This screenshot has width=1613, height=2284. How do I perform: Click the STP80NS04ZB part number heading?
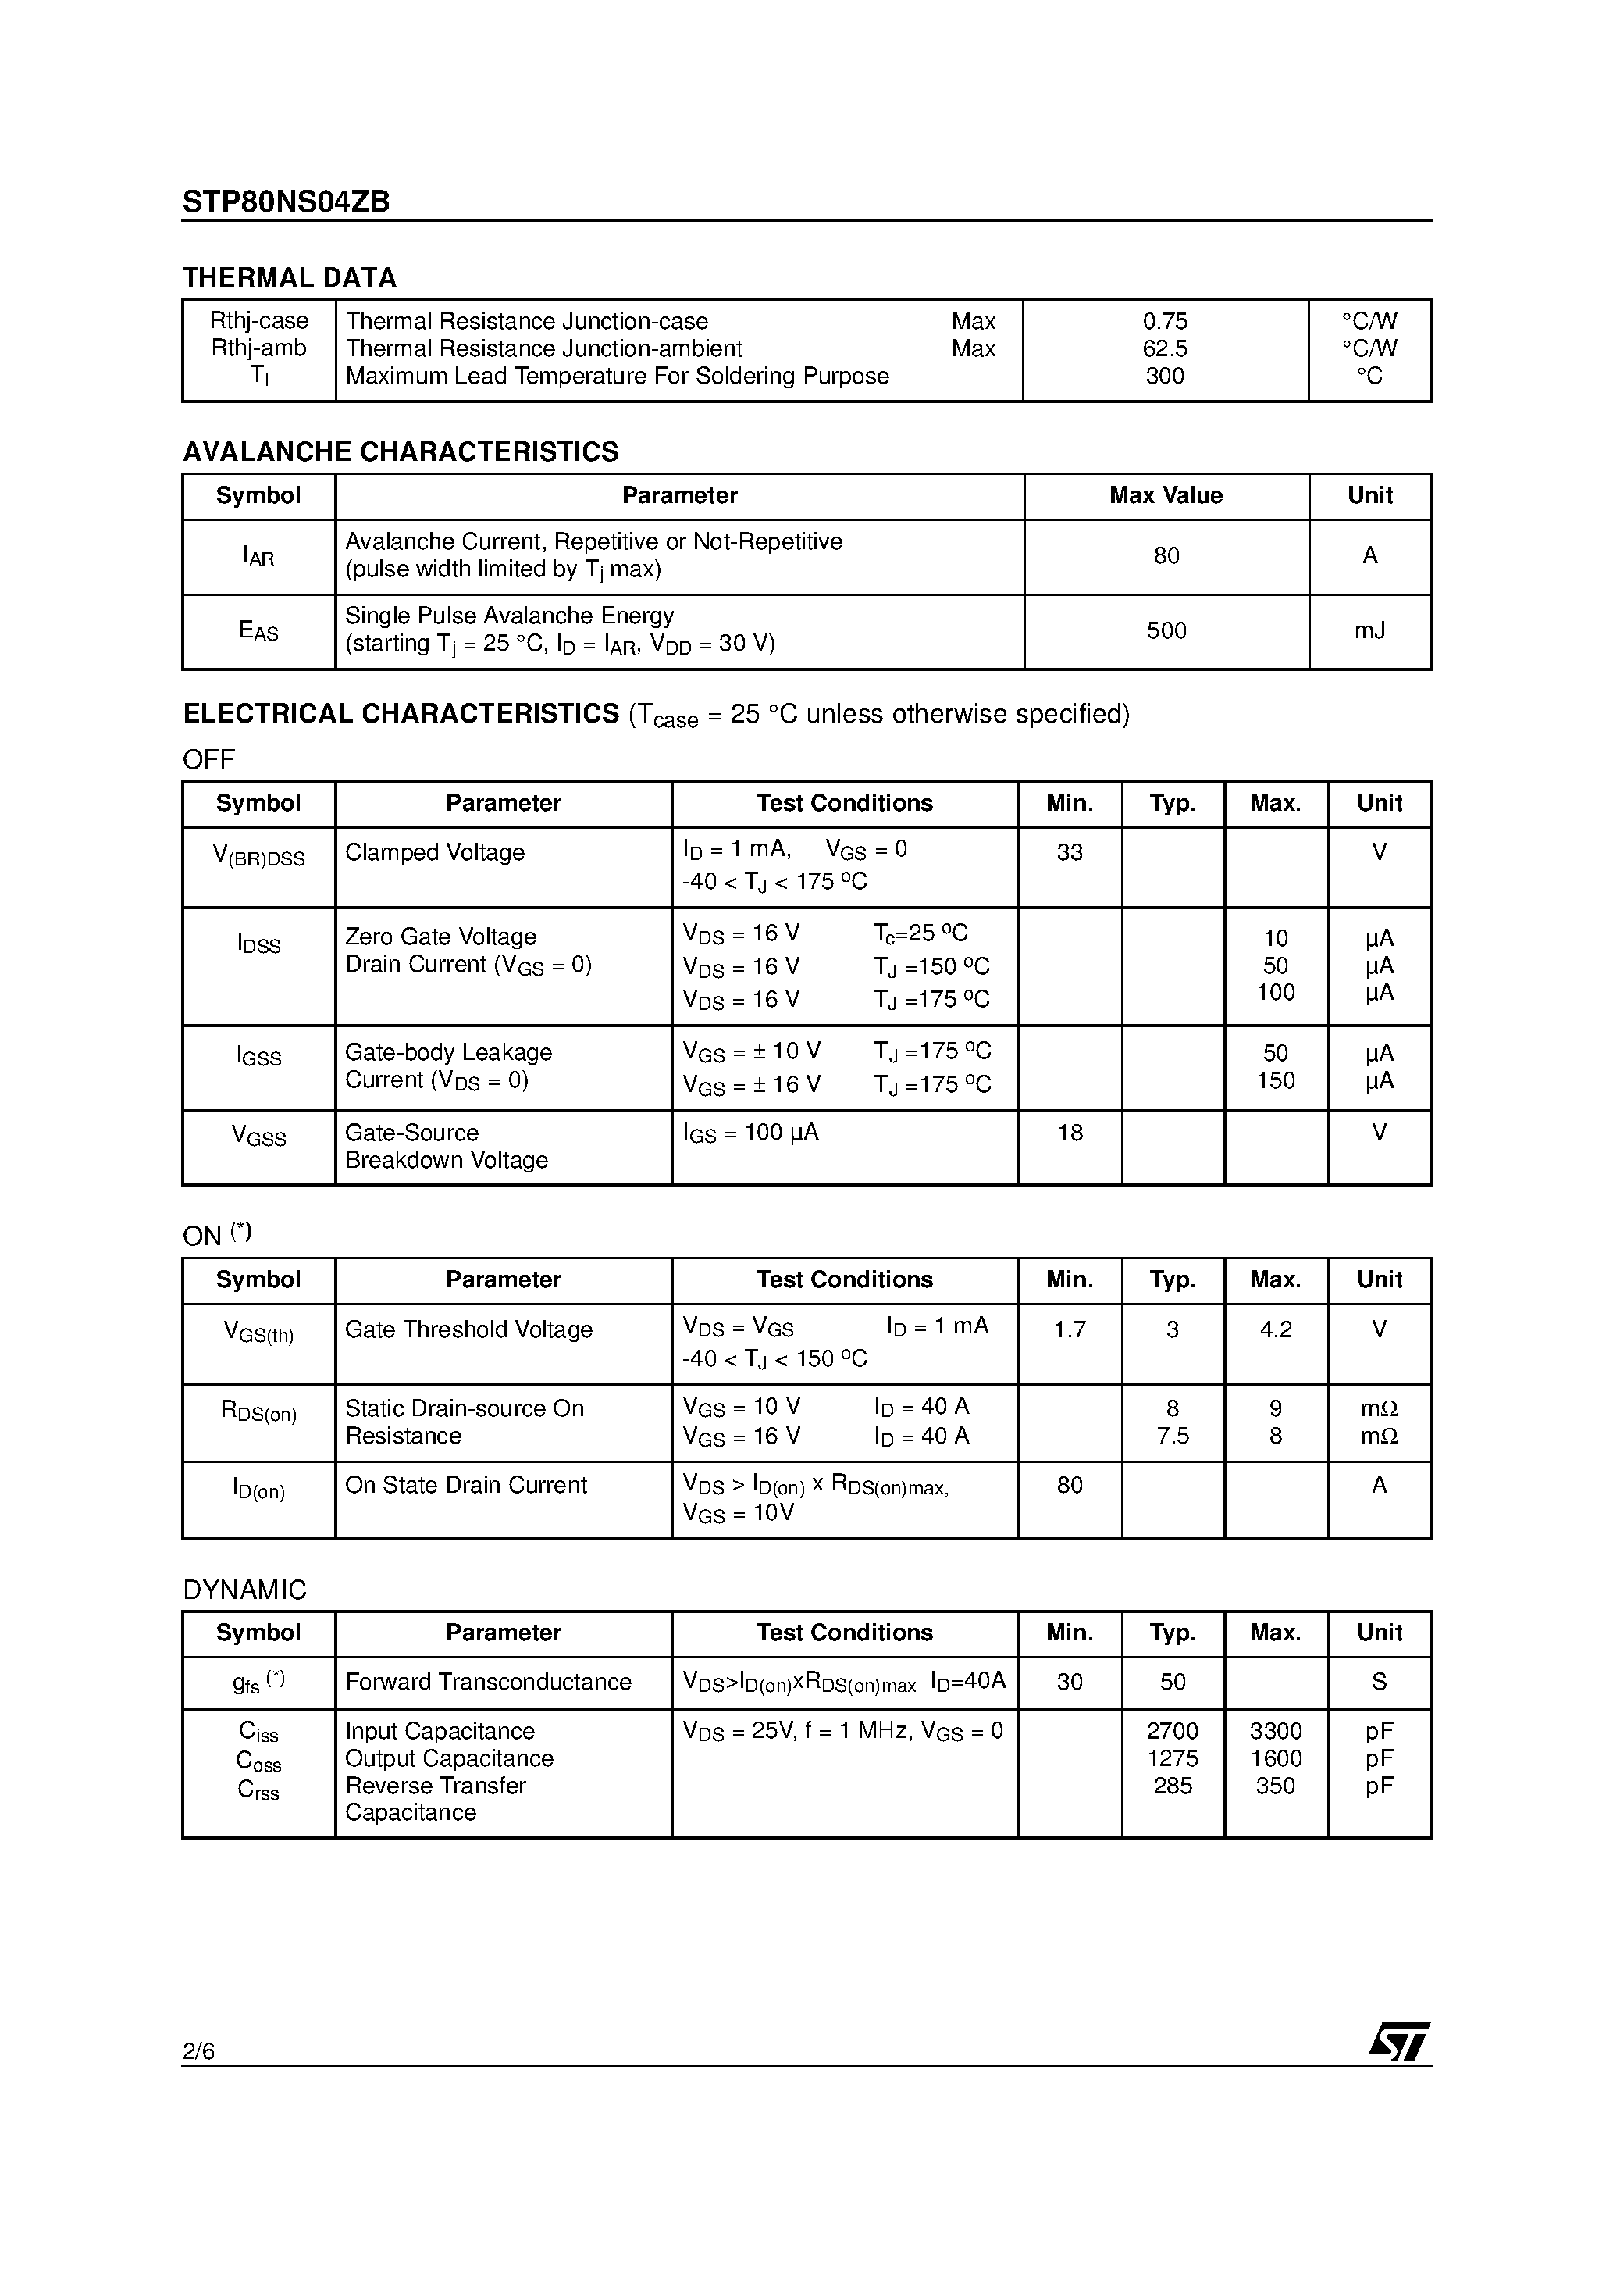[287, 202]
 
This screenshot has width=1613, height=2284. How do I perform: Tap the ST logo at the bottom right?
[1398, 2040]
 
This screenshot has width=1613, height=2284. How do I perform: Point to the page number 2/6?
[199, 2050]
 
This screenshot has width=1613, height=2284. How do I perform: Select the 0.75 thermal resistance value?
[1165, 321]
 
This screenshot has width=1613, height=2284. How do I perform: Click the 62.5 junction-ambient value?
[1165, 348]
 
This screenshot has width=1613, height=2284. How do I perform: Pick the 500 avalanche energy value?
[1166, 630]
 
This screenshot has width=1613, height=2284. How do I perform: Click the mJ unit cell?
[1369, 630]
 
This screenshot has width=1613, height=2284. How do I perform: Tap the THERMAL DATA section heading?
[290, 277]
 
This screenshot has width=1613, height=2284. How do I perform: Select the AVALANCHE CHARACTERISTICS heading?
[400, 451]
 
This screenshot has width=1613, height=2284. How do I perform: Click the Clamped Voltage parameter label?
[435, 852]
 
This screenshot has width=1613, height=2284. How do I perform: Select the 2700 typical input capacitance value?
[1173, 1731]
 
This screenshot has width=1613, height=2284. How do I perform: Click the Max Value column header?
[1166, 495]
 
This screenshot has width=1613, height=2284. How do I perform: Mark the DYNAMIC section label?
[244, 1590]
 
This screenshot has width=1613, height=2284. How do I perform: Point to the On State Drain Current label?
[465, 1485]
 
